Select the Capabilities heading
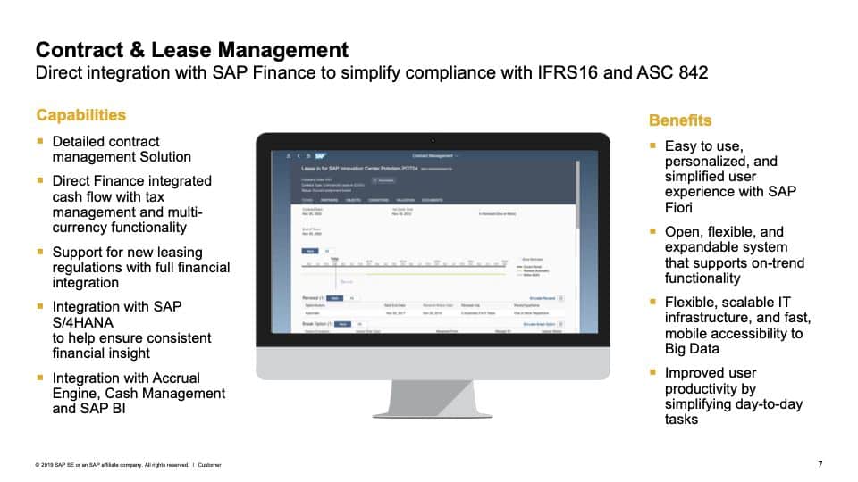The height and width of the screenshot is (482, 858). tap(80, 115)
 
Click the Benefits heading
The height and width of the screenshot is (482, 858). tap(680, 120)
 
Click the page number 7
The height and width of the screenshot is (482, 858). tap(820, 464)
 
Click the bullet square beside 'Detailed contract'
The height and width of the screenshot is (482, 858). tap(40, 141)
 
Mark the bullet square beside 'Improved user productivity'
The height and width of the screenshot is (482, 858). tap(652, 373)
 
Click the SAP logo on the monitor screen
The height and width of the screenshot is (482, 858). tap(320, 155)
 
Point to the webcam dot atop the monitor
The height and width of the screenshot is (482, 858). tap(433, 139)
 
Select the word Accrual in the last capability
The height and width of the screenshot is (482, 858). tap(172, 378)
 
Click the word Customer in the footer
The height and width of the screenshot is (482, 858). tap(210, 465)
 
